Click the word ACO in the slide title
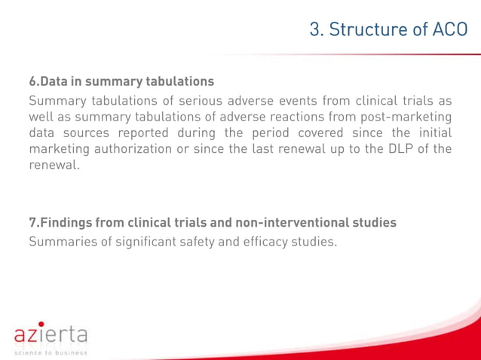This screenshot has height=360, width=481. pos(449,29)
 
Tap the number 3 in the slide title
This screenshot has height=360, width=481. pos(315,29)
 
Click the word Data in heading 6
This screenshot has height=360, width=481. pos(55,81)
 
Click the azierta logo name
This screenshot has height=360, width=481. pos(51,334)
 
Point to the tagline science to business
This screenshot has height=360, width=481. pos(51,352)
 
